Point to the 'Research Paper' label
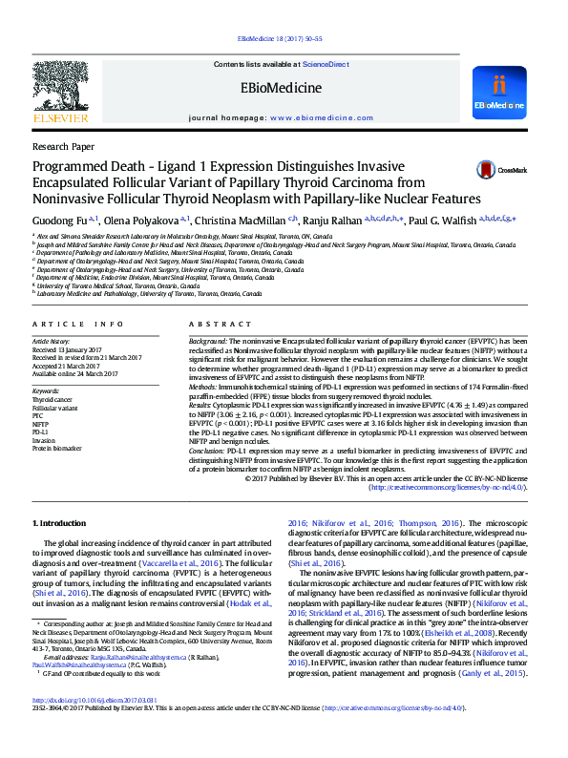pyautogui.click(x=63, y=147)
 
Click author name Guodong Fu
pyautogui.click(x=59, y=221)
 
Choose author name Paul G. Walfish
pyautogui.click(x=444, y=221)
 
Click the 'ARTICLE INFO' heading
pyautogui.click(x=77, y=325)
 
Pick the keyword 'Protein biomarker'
pyautogui.click(x=56, y=448)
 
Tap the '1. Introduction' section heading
pyautogui.click(x=62, y=524)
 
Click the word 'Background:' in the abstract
pyautogui.click(x=207, y=341)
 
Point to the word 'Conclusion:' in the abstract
pyautogui.click(x=208, y=449)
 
